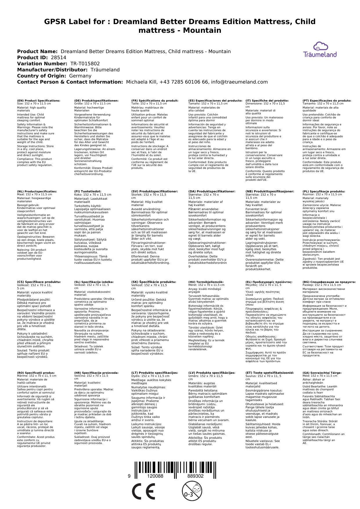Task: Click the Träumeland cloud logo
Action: pyautogui.click(x=320, y=50)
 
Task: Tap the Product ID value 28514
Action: pyautogui.click(x=59, y=58)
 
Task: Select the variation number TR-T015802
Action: pyautogui.click(x=85, y=64)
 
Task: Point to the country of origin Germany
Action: pyautogui.click(x=80, y=76)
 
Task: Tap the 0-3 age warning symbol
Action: pyautogui.click(x=191, y=491)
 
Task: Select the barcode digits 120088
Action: pyautogui.click(x=155, y=476)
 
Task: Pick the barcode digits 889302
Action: pyautogui.click(x=195, y=476)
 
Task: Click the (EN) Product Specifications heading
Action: pyautogui.click(x=39, y=101)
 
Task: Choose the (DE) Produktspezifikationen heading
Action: pyautogui.click(x=96, y=101)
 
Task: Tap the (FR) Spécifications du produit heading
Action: pyautogui.click(x=155, y=101)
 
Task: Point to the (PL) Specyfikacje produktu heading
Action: pyautogui.click(x=324, y=192)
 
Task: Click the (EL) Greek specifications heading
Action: pyautogui.click(x=269, y=282)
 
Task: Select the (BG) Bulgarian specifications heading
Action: pyautogui.click(x=329, y=282)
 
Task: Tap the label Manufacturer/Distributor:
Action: pyautogui.click(x=52, y=70)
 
